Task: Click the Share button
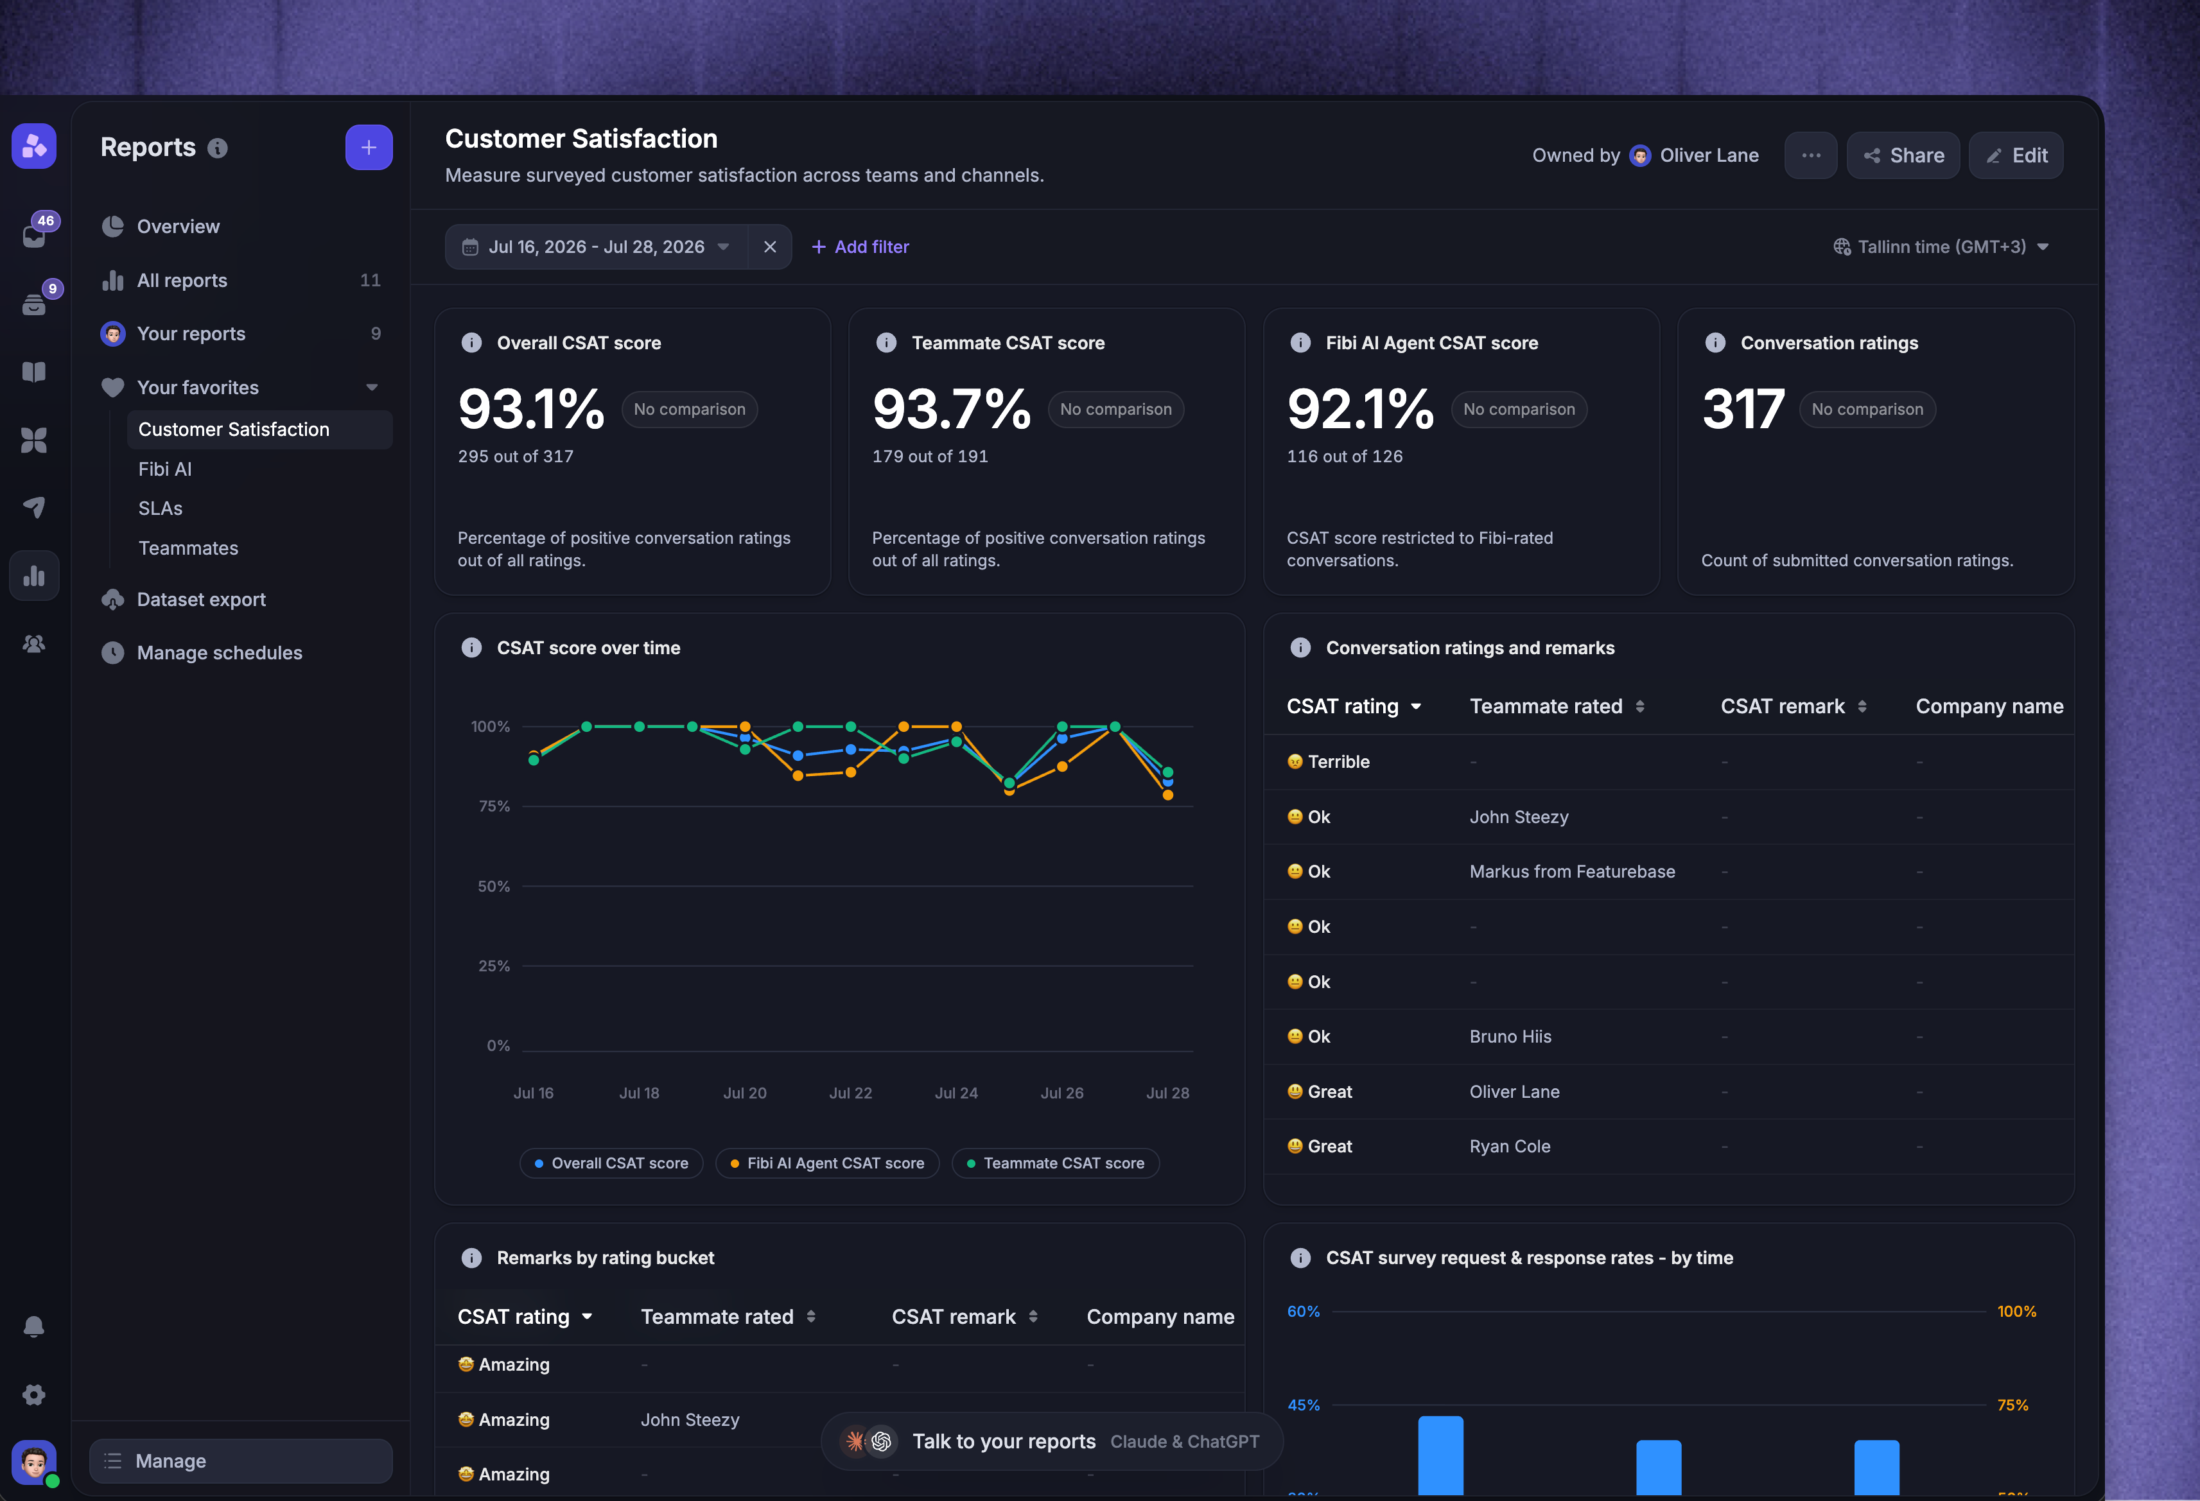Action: tap(1903, 155)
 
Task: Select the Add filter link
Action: tap(860, 247)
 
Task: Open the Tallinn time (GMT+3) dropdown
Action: tap(1941, 247)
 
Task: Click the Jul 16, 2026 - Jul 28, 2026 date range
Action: tap(597, 247)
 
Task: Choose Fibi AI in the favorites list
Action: tap(165, 469)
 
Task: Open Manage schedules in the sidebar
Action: tap(220, 653)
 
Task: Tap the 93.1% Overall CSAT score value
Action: tap(531, 410)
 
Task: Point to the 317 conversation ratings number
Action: tap(1743, 410)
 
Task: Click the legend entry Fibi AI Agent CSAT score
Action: tap(827, 1163)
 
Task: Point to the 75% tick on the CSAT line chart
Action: tap(494, 806)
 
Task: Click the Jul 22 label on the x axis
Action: tap(851, 1093)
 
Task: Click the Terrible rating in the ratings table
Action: tap(1329, 762)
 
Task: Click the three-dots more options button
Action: tap(1811, 155)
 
